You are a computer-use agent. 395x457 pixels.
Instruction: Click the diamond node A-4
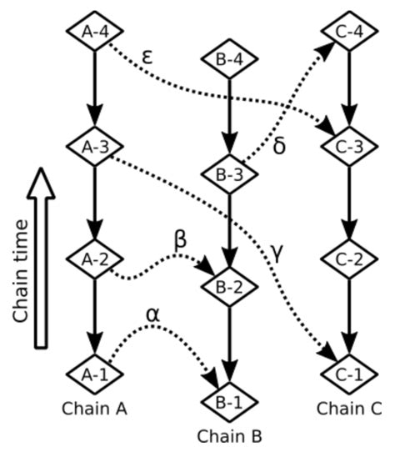tap(94, 33)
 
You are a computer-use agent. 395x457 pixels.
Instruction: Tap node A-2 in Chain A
tap(94, 259)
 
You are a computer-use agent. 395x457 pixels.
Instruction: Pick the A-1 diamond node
tap(94, 373)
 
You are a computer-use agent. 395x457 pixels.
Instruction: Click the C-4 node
tap(348, 33)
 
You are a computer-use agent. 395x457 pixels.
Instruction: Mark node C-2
tap(348, 259)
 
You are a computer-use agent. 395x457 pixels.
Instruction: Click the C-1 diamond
tap(348, 373)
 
